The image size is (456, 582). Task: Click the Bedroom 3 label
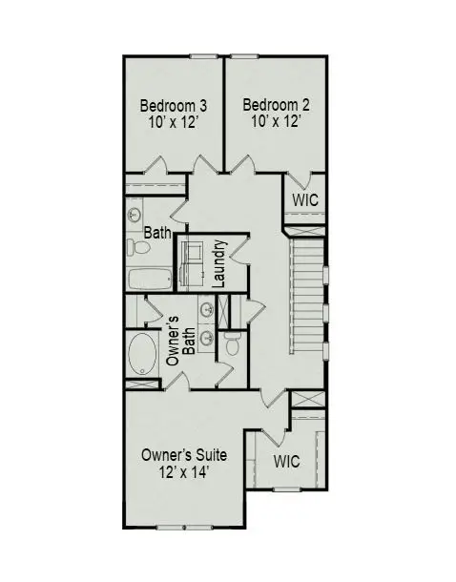click(x=174, y=105)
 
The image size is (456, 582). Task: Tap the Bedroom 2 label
click(x=275, y=105)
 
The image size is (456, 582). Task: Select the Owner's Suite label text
click(x=183, y=455)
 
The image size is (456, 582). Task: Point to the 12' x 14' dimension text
click(x=183, y=471)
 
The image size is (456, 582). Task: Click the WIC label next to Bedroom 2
click(x=305, y=200)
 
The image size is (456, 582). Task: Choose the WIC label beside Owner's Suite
click(x=286, y=461)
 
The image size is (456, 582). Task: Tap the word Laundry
click(x=218, y=263)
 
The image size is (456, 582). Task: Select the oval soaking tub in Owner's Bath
click(x=143, y=353)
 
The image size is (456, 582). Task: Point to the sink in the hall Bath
click(x=135, y=215)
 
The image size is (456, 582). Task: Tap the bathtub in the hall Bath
click(x=148, y=280)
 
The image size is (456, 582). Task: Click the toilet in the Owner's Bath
click(x=232, y=342)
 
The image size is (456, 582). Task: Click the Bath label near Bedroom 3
click(x=157, y=232)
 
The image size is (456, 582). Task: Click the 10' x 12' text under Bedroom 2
click(x=275, y=121)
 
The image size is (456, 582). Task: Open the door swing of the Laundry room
click(x=238, y=245)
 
